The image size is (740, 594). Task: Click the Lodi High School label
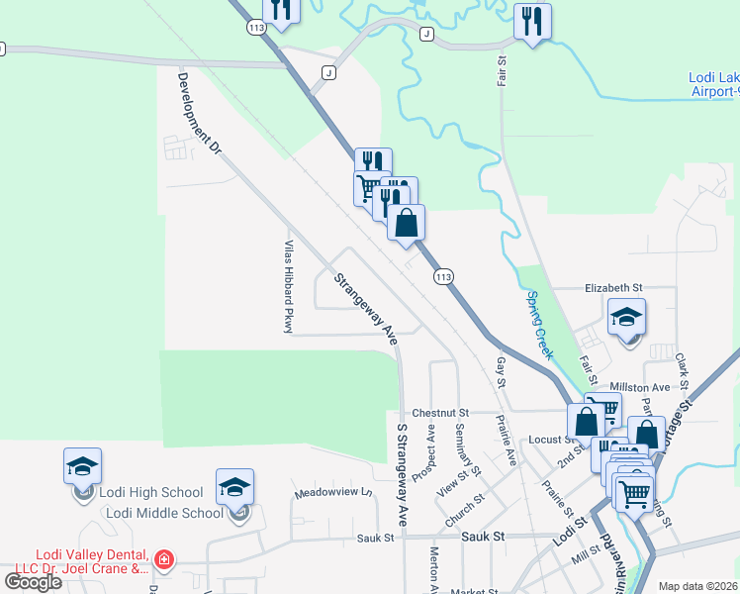click(x=153, y=492)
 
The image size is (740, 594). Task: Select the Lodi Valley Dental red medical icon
click(x=163, y=560)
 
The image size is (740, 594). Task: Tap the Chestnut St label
click(x=438, y=412)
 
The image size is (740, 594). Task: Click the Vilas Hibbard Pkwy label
click(x=289, y=286)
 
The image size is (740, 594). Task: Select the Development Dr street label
click(x=198, y=114)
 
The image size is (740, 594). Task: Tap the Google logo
click(x=34, y=582)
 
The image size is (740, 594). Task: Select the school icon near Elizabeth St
click(x=626, y=320)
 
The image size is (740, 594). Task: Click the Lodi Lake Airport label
click(x=713, y=84)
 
